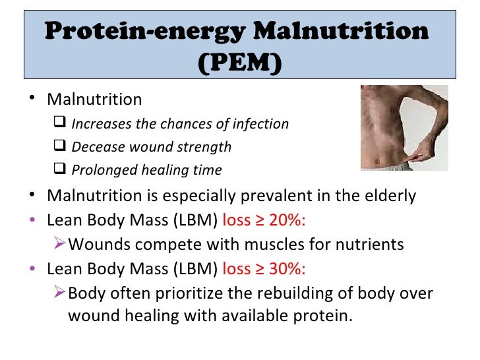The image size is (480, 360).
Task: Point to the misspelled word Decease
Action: coord(92,147)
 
